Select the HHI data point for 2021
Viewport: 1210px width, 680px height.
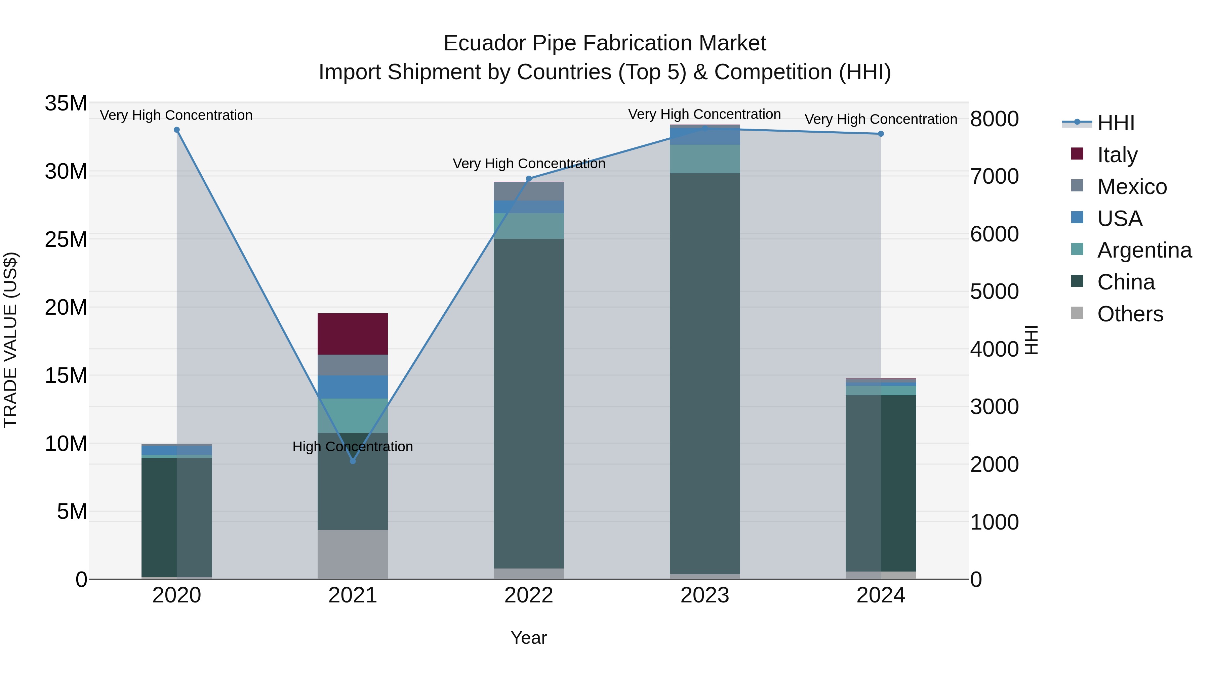[x=353, y=461]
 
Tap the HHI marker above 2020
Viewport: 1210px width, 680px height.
[x=176, y=130]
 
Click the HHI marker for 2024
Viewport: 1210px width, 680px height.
[x=881, y=134]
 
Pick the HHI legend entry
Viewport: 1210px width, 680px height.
[x=1115, y=123]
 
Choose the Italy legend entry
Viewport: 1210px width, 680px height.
[x=1117, y=155]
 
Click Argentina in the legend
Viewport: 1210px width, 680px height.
[x=1144, y=250]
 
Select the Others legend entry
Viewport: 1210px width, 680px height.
[x=1130, y=314]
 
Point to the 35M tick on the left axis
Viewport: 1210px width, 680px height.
[x=66, y=103]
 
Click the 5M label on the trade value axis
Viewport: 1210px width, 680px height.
[x=71, y=511]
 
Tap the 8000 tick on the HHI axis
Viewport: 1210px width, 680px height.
[x=994, y=119]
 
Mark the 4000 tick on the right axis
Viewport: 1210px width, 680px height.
[x=994, y=349]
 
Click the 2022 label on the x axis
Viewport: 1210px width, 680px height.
[x=528, y=595]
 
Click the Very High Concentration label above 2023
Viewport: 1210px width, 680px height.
[x=704, y=115]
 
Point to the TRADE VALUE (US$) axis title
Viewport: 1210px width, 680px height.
[x=10, y=340]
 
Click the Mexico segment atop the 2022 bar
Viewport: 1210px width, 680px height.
[x=528, y=191]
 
